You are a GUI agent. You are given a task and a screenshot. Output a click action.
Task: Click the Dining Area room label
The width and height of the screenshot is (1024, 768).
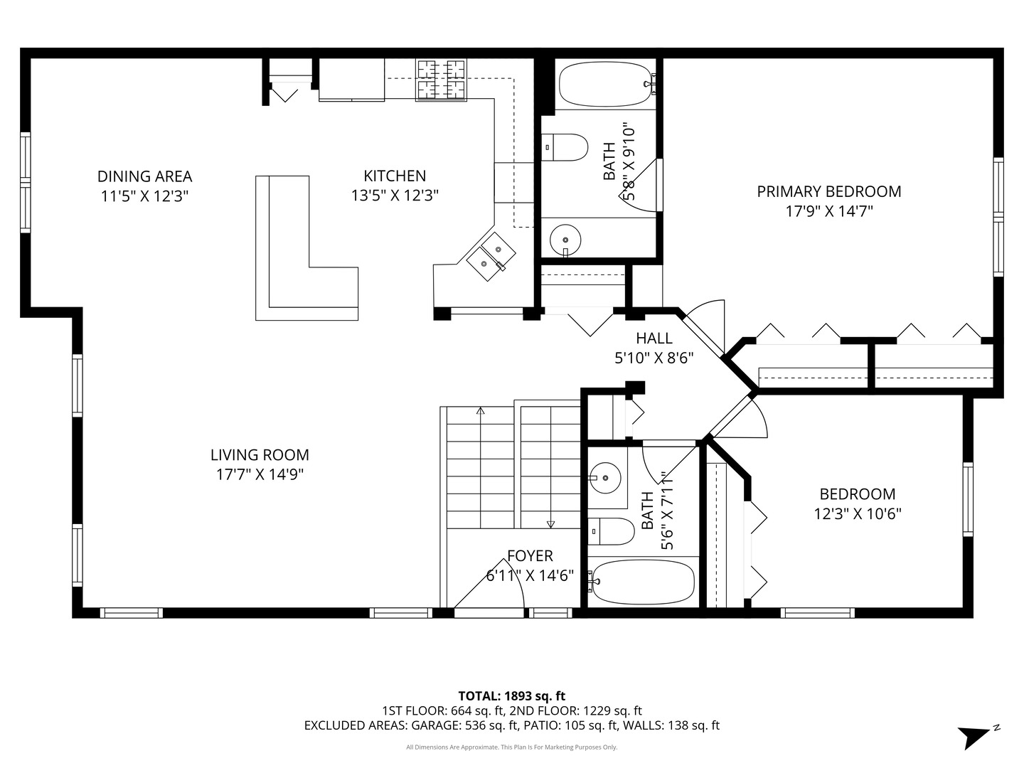coord(144,176)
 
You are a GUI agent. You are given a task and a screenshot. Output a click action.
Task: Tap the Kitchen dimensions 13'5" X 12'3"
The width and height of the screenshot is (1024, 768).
coord(395,196)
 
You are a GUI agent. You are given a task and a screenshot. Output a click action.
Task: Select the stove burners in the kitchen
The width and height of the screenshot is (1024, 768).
coord(441,79)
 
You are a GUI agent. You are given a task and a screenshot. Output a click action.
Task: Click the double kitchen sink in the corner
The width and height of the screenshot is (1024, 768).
coord(491,257)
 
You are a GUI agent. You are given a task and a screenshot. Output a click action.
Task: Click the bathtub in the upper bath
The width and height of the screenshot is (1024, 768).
coord(605,85)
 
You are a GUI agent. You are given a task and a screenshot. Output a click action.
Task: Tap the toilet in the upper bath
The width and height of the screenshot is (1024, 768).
coord(567,148)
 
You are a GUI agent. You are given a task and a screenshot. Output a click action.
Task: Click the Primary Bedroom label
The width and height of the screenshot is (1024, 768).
coord(828,191)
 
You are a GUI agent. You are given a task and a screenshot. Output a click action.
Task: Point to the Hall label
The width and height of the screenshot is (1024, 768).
coord(654,338)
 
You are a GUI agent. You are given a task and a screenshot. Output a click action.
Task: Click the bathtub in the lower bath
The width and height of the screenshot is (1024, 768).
coord(642,581)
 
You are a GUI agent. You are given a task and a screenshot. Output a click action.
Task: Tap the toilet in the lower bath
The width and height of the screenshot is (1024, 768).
coord(612,530)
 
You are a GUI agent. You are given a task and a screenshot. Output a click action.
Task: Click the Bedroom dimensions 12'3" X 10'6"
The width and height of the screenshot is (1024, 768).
coord(857,513)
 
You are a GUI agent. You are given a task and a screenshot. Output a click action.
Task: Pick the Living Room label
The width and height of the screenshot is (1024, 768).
coord(260,455)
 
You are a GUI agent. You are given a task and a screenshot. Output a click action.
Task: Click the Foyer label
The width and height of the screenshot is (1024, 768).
coord(530,556)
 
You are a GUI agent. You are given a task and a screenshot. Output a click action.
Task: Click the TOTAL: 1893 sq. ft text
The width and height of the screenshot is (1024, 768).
coord(511,695)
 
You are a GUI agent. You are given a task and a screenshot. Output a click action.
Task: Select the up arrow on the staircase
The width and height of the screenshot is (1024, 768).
coord(481,411)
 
